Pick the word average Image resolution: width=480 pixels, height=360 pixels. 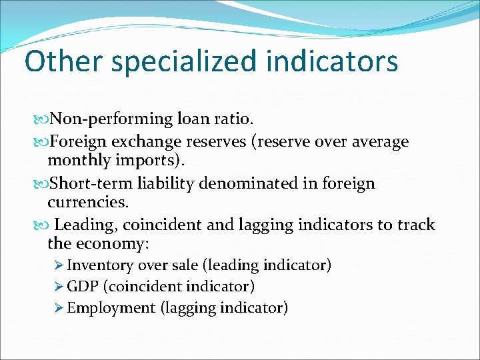point(372,141)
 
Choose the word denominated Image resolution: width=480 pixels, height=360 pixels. point(257,183)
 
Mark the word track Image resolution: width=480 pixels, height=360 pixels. point(415,225)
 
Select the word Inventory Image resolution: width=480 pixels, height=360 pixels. point(100,265)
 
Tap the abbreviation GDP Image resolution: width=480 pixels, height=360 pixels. point(83,287)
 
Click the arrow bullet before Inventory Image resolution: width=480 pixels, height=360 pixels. point(59,265)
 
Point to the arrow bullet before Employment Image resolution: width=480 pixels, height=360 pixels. point(59,308)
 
